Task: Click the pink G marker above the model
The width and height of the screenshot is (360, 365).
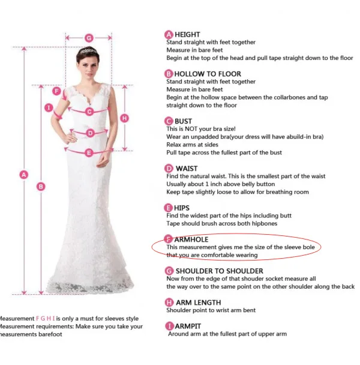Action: click(89, 38)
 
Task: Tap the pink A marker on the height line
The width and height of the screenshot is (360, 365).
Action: click(24, 175)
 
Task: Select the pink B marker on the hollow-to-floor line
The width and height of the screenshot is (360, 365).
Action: click(41, 187)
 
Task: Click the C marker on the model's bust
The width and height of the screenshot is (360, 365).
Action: click(89, 112)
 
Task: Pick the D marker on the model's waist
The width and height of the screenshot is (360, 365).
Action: click(90, 133)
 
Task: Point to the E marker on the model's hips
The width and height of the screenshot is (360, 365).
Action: click(89, 152)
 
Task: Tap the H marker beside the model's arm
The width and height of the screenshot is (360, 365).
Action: click(124, 118)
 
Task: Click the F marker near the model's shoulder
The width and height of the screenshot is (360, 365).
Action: click(56, 91)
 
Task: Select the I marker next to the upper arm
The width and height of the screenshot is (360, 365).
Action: click(49, 108)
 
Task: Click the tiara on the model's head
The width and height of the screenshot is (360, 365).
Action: click(88, 50)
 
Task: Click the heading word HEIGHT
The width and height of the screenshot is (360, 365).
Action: click(187, 34)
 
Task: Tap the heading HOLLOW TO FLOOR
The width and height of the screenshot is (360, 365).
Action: click(208, 74)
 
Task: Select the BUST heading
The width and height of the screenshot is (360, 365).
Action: click(183, 121)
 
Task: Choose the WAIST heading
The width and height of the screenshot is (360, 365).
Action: click(187, 169)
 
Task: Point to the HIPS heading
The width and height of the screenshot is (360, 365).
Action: click(182, 208)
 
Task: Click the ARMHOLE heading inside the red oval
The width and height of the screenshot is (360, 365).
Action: click(191, 240)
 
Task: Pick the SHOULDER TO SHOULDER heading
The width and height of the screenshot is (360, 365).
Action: click(220, 271)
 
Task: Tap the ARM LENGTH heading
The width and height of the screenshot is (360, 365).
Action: click(198, 303)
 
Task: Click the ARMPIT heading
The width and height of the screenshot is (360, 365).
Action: click(188, 327)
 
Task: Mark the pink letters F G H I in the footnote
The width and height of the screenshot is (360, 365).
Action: click(46, 318)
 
